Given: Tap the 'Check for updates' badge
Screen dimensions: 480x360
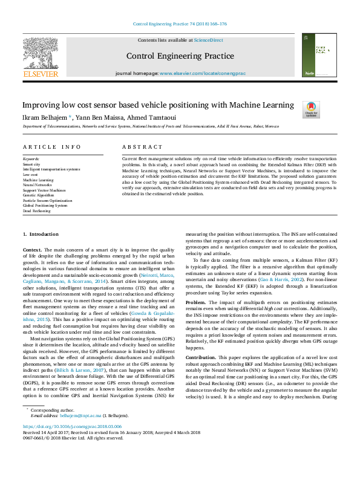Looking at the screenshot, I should pos(311,109).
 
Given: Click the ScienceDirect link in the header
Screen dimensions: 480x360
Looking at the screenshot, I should pos(209,41).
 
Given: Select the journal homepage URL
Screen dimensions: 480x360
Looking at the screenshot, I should pos(202,73).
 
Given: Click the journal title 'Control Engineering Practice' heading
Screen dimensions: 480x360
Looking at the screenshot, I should pos(180,56).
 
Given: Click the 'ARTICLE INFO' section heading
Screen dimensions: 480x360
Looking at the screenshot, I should pos(52,147).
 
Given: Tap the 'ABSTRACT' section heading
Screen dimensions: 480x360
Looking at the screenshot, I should pos(142,147).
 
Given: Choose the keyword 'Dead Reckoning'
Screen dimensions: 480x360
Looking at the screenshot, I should pos(37,210).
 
